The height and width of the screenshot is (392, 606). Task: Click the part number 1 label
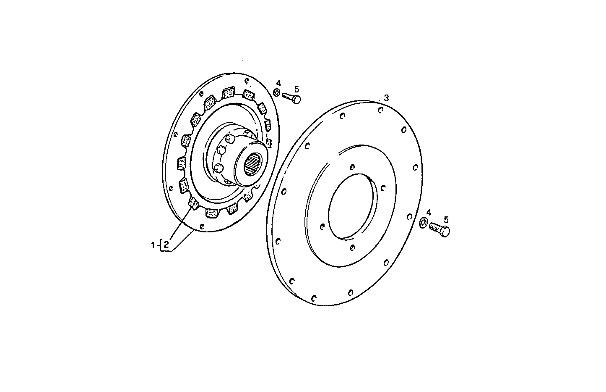[153, 245]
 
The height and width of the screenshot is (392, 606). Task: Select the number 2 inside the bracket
[166, 245]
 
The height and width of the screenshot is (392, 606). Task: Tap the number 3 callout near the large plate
[386, 98]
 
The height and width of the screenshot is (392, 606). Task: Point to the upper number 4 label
[278, 83]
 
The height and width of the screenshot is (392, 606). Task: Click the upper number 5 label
[296, 89]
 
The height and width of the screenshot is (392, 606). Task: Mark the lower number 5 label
[446, 219]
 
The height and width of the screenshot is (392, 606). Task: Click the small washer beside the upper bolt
[277, 92]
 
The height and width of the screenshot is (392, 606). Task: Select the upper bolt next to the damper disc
[292, 97]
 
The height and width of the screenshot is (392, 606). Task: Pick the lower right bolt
[440, 229]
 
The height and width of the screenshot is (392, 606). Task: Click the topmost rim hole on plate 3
[380, 110]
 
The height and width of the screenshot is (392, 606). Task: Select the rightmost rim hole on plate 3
[415, 167]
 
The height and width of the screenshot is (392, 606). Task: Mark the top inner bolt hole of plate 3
[353, 167]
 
